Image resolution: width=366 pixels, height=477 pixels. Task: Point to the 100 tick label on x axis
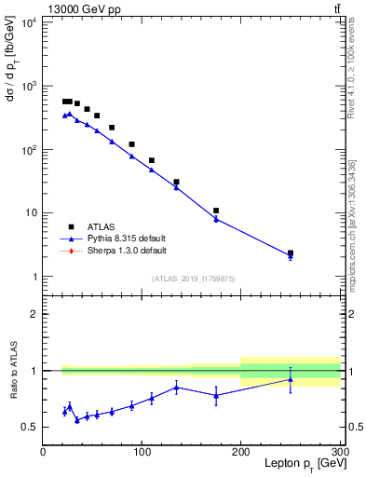coord(142,452)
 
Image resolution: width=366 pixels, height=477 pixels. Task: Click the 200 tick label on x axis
coord(241,452)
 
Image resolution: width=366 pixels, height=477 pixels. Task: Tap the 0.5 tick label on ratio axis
coord(30,428)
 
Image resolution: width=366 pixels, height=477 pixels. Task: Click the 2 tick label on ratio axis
coord(34,315)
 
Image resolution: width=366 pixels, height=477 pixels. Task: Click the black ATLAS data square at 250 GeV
coord(291,252)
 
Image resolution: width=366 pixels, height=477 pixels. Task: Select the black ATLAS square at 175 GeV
coord(216,211)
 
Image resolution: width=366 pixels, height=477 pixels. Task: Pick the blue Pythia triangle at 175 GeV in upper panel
coord(216,219)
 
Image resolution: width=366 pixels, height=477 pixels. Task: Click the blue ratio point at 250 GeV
coord(291,379)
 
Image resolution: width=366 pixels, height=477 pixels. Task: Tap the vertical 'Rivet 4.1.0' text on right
coord(350,70)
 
